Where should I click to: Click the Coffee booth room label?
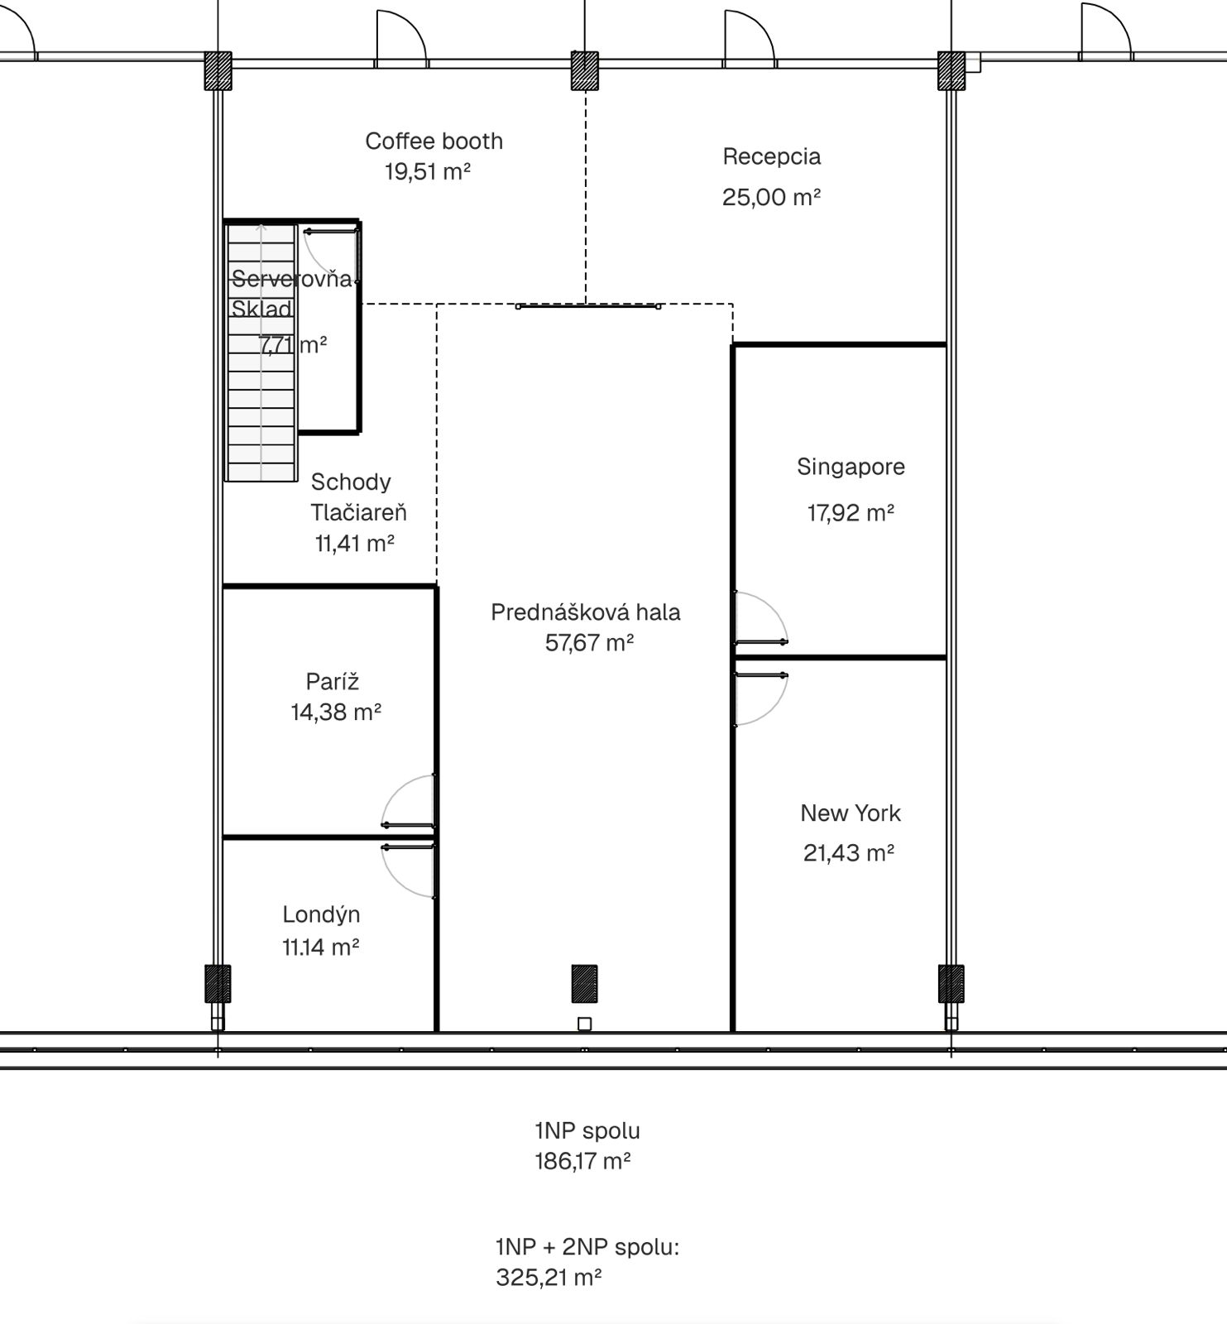point(434,142)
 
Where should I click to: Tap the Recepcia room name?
point(771,157)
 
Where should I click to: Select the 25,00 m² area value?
point(771,197)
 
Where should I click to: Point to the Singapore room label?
point(851,468)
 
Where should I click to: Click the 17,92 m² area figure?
point(851,513)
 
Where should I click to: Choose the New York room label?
point(851,813)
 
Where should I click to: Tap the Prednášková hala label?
point(586,612)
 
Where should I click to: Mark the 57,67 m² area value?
point(589,643)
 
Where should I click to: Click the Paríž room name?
point(333,682)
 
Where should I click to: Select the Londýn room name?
point(321,915)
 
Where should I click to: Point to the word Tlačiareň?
point(359,513)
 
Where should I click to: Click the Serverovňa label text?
point(292,279)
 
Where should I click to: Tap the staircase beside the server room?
point(261,352)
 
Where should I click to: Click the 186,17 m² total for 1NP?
point(582,1162)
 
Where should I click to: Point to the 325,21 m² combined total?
point(549,1278)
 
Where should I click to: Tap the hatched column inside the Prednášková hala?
point(584,984)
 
